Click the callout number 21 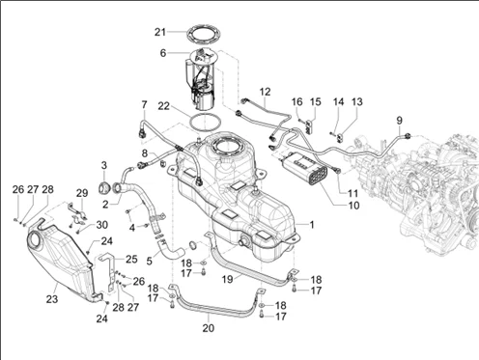160,32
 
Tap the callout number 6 163,53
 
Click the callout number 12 265,92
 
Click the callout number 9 399,121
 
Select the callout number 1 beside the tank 311,225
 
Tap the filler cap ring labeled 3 104,188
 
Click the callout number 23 52,299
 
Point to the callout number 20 209,328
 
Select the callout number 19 227,279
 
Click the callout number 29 82,193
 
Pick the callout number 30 102,225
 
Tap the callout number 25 131,259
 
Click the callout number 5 149,261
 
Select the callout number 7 144,104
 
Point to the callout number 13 357,101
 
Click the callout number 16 296,101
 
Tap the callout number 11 353,193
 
